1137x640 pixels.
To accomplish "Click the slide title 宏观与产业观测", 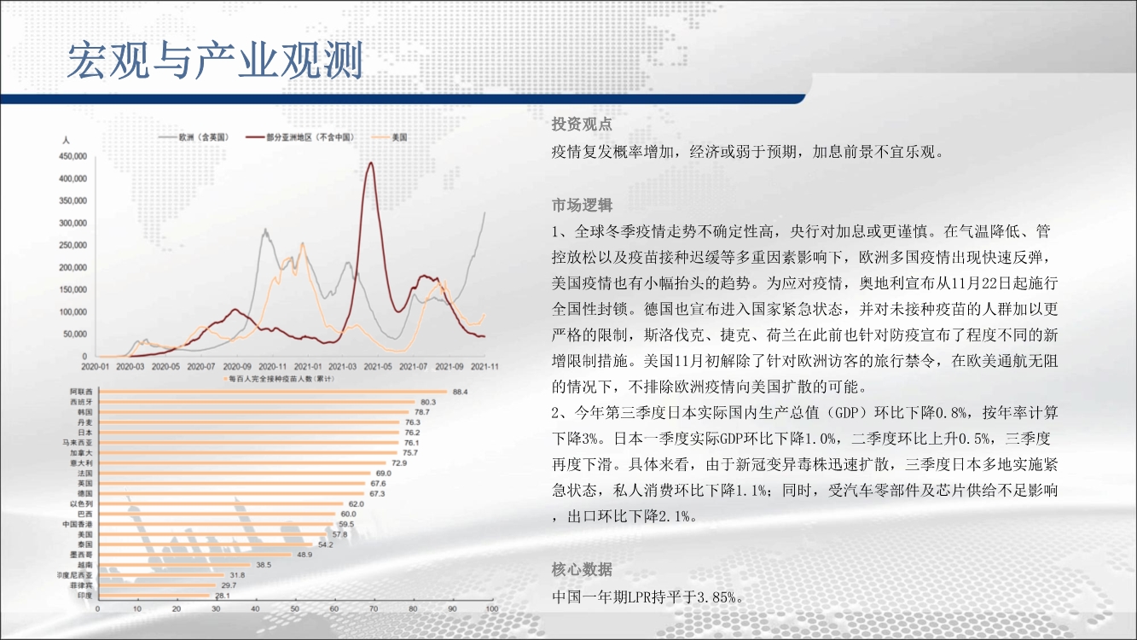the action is pos(215,60).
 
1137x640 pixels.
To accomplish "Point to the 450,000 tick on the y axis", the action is pos(73,156).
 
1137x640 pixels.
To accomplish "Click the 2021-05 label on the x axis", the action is pos(378,366).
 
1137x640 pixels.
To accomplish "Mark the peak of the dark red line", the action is pos(372,162).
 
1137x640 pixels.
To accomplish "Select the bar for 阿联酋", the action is pos(273,392).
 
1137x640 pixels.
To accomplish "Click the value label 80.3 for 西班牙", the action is pos(428,402).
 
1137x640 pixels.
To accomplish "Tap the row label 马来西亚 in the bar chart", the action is pos(78,442).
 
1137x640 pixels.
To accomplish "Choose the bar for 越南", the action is pos(175,565).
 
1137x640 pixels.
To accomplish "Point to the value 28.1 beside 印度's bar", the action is pos(223,596).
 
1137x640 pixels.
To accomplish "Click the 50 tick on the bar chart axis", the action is pos(295,608).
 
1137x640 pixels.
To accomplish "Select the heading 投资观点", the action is pos(582,124).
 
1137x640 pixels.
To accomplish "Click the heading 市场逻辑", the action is pos(582,205).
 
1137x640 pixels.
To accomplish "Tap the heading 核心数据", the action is pos(582,569).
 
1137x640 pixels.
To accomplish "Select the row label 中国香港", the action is pos(78,524).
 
